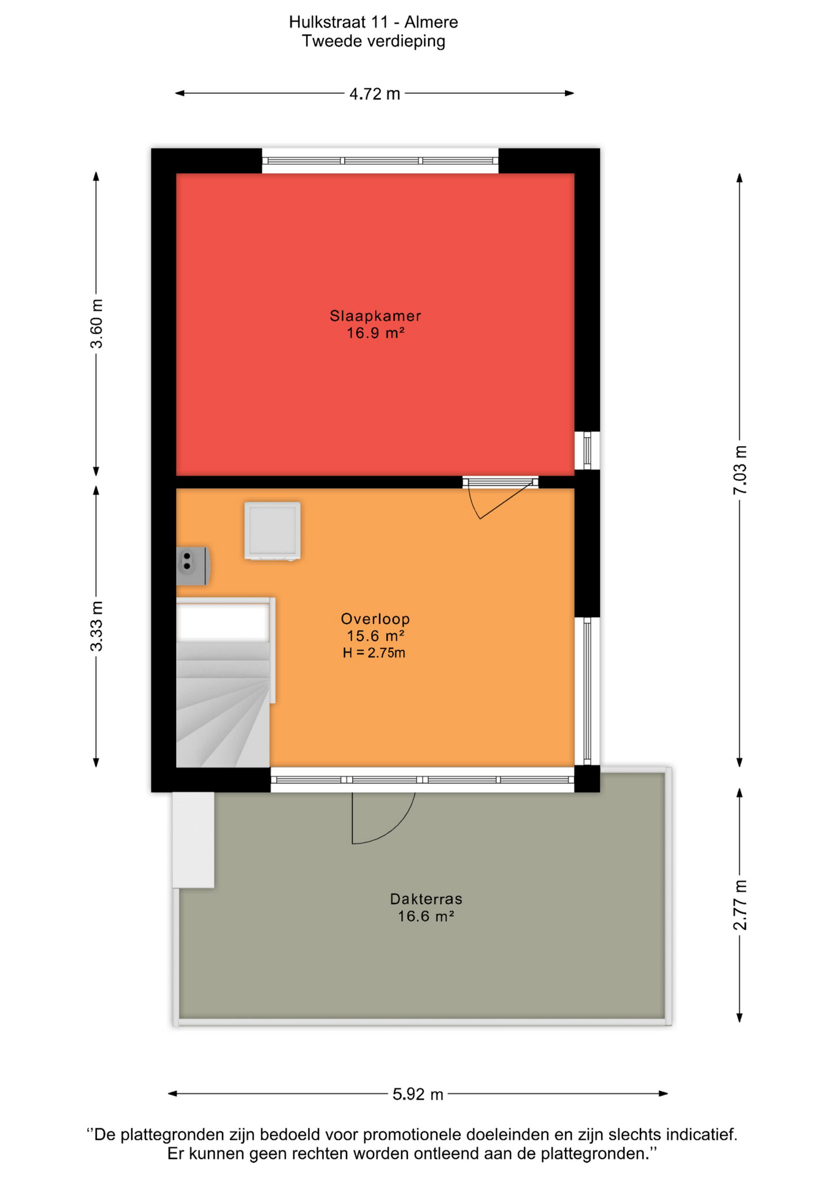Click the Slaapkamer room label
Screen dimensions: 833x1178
(x=375, y=316)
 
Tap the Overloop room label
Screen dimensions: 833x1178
(x=375, y=619)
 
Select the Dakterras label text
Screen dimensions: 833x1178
(x=426, y=899)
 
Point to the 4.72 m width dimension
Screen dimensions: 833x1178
(x=375, y=94)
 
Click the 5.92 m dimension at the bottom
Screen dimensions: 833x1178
(x=418, y=1095)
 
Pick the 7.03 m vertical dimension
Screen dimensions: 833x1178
(x=740, y=470)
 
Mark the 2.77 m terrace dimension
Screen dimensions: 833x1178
(x=740, y=904)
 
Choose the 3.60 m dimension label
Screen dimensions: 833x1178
(x=96, y=324)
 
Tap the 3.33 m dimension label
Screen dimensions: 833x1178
(x=96, y=626)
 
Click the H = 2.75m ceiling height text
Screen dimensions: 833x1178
(x=374, y=653)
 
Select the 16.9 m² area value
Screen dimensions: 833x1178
(x=375, y=333)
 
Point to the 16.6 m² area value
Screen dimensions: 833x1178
(x=426, y=917)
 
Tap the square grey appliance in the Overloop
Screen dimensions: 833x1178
(x=272, y=531)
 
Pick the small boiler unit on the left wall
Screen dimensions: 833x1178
(x=193, y=566)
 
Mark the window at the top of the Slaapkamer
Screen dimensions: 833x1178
(x=380, y=161)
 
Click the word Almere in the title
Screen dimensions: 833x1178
(x=431, y=22)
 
